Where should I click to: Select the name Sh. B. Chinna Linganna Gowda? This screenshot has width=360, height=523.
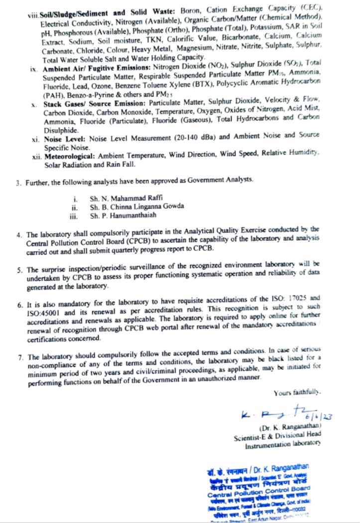pos(137,207)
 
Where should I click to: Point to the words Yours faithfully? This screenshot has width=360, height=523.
pos(296,394)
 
